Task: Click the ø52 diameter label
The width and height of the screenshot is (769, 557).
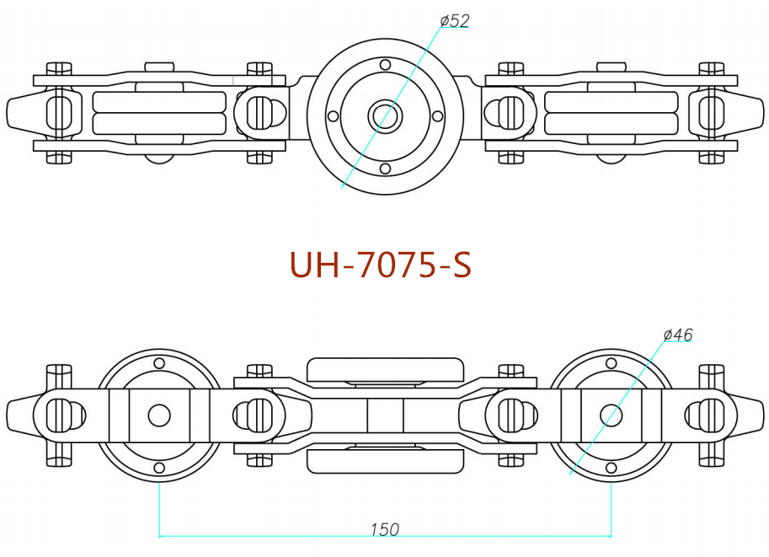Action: tap(454, 20)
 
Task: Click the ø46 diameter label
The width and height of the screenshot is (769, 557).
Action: tap(678, 335)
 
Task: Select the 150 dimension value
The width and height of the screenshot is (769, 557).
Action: tap(384, 529)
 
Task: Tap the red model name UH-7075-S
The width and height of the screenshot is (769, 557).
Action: tap(380, 265)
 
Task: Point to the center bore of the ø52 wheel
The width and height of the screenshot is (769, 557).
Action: tap(385, 115)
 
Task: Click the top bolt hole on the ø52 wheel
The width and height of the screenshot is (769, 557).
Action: tap(385, 65)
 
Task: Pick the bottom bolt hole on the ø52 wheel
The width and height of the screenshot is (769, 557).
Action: tap(385, 169)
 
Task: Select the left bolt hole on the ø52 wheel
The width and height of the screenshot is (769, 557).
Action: tap(334, 116)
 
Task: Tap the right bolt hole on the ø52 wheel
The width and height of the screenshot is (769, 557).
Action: tap(437, 116)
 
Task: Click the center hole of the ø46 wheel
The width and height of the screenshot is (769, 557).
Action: tap(611, 415)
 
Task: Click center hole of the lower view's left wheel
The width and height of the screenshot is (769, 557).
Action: tap(159, 415)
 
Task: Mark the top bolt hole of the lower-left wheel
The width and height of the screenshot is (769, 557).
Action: tap(159, 362)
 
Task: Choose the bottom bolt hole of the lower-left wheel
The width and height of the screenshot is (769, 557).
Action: tap(159, 468)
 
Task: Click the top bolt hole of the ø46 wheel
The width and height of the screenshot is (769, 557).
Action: tap(611, 362)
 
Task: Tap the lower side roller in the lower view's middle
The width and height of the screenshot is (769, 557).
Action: tap(385, 460)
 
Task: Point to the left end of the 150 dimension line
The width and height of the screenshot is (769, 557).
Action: tap(160, 534)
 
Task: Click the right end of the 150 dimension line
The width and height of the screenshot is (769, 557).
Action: tap(611, 534)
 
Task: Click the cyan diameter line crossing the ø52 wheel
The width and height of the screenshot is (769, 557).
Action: tap(362, 152)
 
